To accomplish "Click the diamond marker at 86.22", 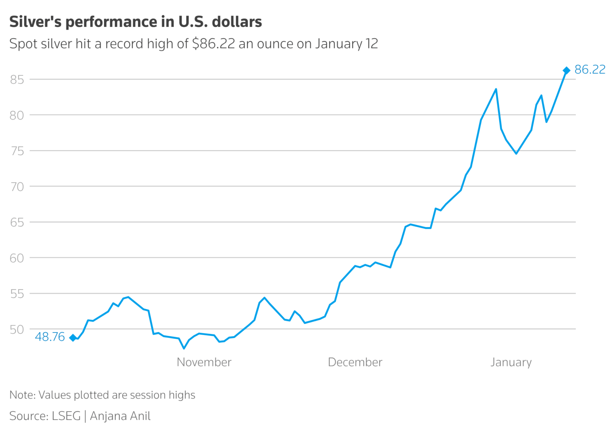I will pos(566,71).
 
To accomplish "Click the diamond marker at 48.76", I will pos(73,338).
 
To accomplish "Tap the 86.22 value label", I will pos(590,70).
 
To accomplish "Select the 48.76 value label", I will pos(50,337).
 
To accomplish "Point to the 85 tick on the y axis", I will pos(17,80).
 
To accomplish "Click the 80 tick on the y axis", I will pos(17,115).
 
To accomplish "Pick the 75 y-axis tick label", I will pos(17,151).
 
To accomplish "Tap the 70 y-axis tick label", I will pos(17,187).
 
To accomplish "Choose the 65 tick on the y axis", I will pos(17,222).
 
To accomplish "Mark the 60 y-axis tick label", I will pos(17,258).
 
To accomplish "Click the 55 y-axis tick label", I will pos(17,294).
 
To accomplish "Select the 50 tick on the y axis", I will pos(17,329).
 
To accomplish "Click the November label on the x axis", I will pos(204,362).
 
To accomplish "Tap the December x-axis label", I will pos(355,362).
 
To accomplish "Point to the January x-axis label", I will pos(511,362).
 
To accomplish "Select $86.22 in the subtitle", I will pos(213,44).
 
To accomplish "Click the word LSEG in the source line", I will pos(66,416).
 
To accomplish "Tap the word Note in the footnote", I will pos(22,395).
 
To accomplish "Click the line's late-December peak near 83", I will pos(496,89).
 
